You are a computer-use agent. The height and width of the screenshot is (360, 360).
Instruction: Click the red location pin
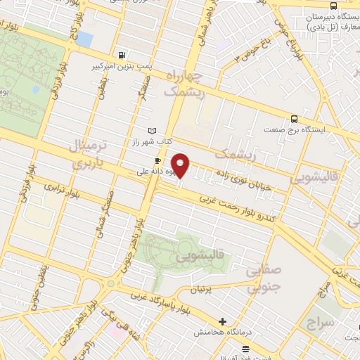tap(181, 166)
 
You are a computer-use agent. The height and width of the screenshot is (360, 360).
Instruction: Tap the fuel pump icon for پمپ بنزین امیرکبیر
tap(124, 55)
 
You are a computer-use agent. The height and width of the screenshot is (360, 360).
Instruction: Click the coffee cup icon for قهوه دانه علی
tap(148, 160)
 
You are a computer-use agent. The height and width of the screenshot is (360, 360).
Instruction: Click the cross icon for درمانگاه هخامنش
tap(223, 321)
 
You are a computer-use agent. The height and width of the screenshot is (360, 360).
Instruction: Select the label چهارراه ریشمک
tap(186, 83)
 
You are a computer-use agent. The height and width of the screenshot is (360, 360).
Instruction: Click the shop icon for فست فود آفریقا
tap(245, 349)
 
